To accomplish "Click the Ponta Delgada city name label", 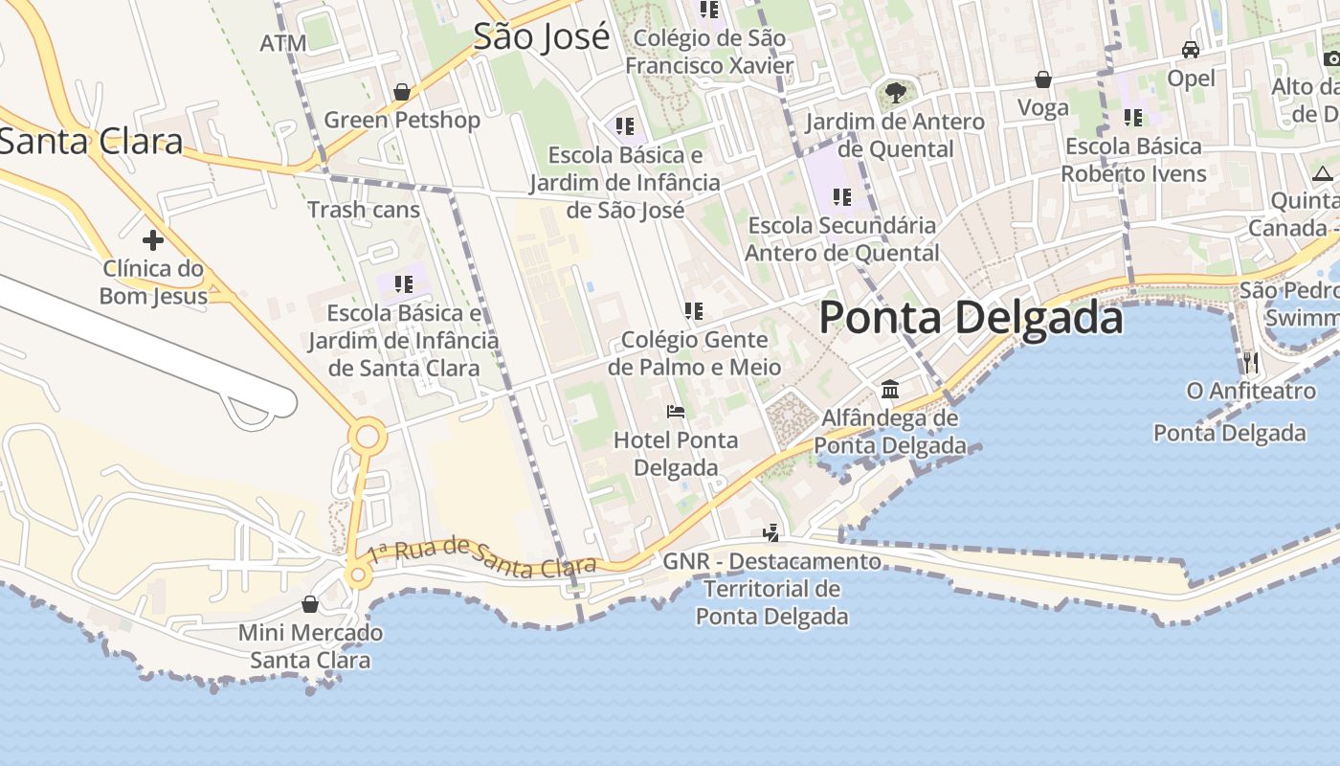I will (x=971, y=318).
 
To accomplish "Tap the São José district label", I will (x=541, y=36).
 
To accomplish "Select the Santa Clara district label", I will (x=91, y=142).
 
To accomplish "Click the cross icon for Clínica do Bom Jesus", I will (x=152, y=239).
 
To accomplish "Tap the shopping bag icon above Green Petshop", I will (x=402, y=92).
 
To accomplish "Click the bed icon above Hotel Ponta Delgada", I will (x=676, y=412).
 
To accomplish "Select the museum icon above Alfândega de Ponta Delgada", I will (x=890, y=389).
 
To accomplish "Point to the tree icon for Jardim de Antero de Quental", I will (x=895, y=93).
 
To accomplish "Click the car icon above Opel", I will (x=1191, y=50).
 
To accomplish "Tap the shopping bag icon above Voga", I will (x=1043, y=79).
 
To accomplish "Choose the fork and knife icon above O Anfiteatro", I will (x=1250, y=362).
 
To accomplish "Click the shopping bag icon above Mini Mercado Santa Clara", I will (x=309, y=604).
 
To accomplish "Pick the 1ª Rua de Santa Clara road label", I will (x=483, y=556).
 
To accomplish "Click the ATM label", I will (x=283, y=43).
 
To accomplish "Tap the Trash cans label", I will (x=364, y=210).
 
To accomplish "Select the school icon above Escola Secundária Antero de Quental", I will (x=841, y=197).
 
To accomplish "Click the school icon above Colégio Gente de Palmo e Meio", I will (x=694, y=310).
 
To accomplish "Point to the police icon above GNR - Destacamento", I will (x=771, y=532).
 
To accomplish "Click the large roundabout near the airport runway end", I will (x=367, y=439).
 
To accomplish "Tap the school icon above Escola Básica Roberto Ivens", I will (x=1133, y=118).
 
